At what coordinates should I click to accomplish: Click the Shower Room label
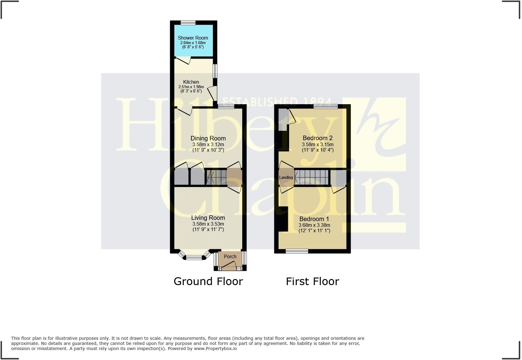tap(193, 38)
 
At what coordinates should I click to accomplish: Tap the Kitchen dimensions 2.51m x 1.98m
tap(191, 87)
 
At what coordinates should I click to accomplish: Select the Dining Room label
tap(208, 138)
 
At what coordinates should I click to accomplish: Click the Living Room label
tap(208, 218)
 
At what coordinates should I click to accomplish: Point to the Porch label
tap(230, 256)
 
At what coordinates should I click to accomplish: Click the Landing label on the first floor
tap(286, 177)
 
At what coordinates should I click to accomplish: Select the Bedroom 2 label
tap(317, 138)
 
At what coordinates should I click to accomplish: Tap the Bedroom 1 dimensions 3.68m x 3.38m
tap(314, 225)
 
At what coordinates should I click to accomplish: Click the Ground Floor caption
tap(208, 281)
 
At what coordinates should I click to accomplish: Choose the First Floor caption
tap(312, 281)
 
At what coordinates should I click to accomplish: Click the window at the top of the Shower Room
tap(188, 22)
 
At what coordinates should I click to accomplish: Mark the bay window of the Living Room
tap(194, 257)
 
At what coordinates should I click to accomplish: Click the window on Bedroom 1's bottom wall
tap(297, 251)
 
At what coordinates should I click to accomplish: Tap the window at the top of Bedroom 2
tap(325, 106)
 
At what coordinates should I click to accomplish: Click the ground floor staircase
tap(216, 177)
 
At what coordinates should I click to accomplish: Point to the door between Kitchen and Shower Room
tap(183, 60)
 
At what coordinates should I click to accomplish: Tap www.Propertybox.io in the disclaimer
tap(215, 349)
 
